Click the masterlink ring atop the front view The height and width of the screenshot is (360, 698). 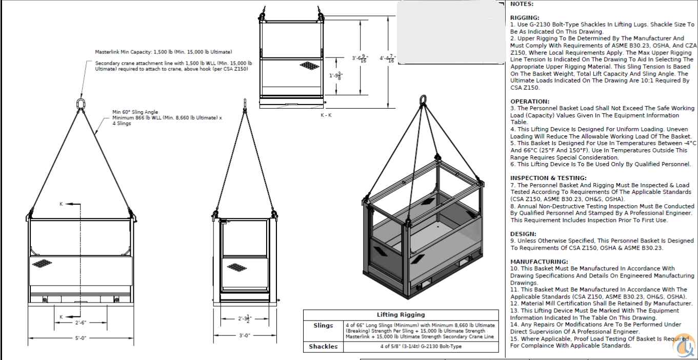pos(81,104)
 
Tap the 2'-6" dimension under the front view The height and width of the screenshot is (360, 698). pos(81,323)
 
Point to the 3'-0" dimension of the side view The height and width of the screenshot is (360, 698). pos(244,336)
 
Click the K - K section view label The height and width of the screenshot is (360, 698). pos(326,115)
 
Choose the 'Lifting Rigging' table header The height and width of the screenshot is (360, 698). pos(401,314)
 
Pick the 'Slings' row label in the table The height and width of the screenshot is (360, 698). pos(323,326)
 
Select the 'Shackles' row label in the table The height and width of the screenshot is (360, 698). pos(323,347)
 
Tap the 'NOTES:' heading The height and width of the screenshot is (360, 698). pos(522,4)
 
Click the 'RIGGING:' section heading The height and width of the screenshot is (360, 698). pos(525,17)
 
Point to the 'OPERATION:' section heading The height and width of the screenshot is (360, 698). pos(529,102)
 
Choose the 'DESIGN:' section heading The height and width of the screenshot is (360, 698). pos(523,234)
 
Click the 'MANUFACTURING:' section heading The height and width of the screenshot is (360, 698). pos(539,262)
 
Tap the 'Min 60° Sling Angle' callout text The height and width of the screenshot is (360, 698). pos(135,112)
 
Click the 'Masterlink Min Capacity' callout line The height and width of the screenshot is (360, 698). pos(163,52)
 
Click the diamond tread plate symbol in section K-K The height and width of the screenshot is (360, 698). pos(309,66)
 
